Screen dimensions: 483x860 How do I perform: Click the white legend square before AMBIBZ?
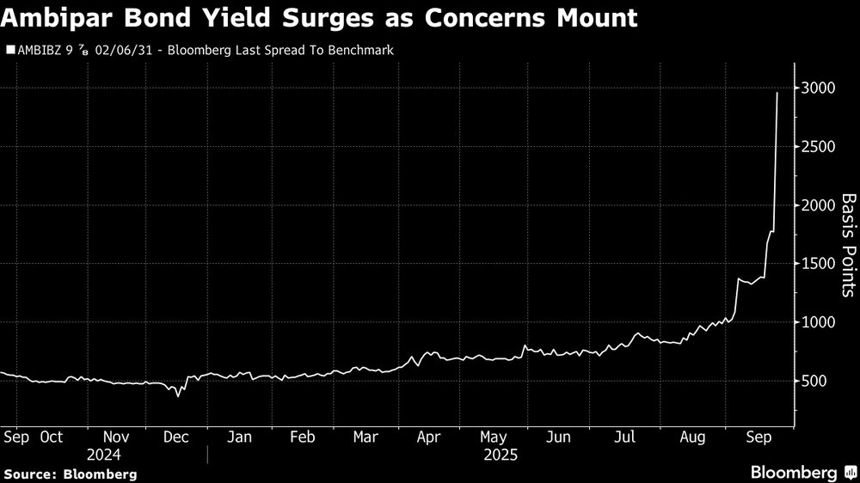(9, 51)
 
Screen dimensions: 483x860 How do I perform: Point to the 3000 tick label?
(822, 88)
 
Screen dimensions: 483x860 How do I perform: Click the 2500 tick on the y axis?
(822, 146)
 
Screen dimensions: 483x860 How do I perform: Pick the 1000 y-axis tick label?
(822, 321)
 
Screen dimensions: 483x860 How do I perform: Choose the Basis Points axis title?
(847, 245)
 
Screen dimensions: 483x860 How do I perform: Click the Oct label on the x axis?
(51, 437)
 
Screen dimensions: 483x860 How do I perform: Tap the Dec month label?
(175, 437)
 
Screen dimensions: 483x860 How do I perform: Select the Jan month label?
(239, 437)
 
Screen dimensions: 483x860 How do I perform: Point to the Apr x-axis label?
(428, 437)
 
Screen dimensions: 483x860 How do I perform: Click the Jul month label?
(624, 437)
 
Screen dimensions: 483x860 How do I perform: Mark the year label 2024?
(104, 455)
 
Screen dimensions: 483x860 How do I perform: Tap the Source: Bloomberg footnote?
(70, 474)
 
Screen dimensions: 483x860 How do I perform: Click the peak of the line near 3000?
(777, 93)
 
